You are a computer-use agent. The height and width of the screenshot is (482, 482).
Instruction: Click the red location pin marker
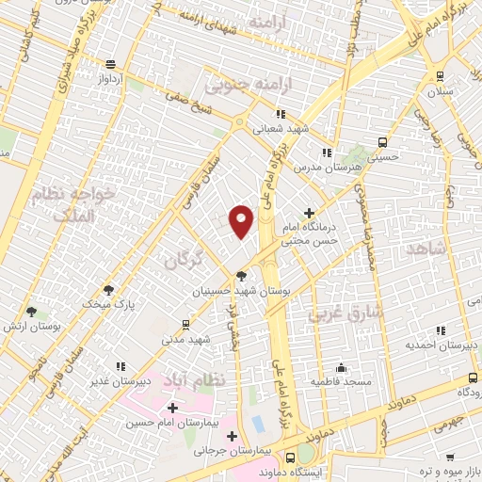[242, 221]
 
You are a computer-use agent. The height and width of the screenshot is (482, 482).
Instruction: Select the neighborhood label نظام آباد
[195, 378]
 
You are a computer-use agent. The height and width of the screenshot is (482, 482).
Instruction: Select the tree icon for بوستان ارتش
[32, 311]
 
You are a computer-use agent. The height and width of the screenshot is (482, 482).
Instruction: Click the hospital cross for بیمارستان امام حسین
[171, 409]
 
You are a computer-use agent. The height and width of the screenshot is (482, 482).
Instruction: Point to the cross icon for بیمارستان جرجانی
[233, 434]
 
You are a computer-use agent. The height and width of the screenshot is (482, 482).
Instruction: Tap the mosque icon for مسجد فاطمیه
[340, 367]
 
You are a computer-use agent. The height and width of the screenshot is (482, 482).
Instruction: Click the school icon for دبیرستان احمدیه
[439, 330]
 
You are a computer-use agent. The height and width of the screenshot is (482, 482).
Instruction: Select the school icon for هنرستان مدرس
[326, 153]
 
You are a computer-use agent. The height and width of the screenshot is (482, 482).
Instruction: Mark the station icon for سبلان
[440, 77]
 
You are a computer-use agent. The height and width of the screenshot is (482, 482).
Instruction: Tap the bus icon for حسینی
[381, 143]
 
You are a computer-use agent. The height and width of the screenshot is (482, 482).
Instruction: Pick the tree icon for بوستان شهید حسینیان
[242, 276]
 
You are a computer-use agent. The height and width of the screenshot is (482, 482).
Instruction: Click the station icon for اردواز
[111, 64]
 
